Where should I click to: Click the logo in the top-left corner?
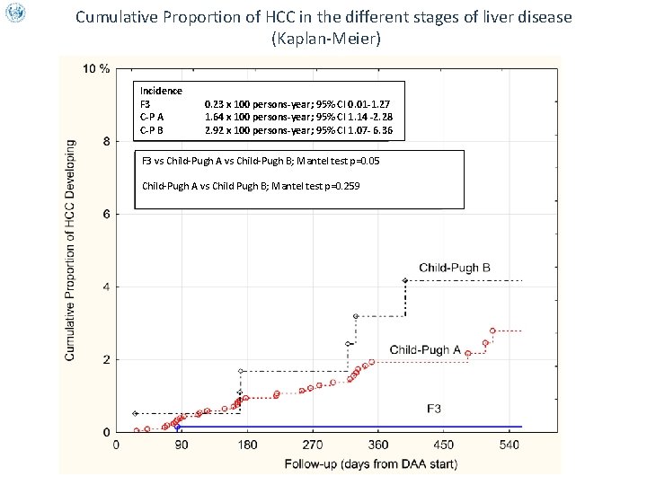[14, 13]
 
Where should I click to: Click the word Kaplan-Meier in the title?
[323, 39]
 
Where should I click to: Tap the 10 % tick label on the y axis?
[96, 69]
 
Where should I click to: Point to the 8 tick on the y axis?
[107, 141]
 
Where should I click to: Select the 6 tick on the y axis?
[107, 214]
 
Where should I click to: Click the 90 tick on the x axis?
[182, 445]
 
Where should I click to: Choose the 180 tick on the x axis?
[247, 445]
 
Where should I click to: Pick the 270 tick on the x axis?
[313, 445]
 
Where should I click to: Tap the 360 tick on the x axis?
[378, 445]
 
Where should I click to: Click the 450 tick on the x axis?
[444, 445]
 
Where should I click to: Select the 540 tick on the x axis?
[510, 445]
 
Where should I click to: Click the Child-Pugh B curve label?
[454, 268]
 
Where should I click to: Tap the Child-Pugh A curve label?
[425, 349]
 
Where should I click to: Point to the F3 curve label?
[433, 409]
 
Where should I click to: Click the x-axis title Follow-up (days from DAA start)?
[371, 463]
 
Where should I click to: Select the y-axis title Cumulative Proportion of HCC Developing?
[70, 249]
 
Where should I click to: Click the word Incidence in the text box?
[161, 91]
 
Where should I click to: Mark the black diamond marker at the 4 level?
[405, 281]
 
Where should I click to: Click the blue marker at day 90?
[178, 427]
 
